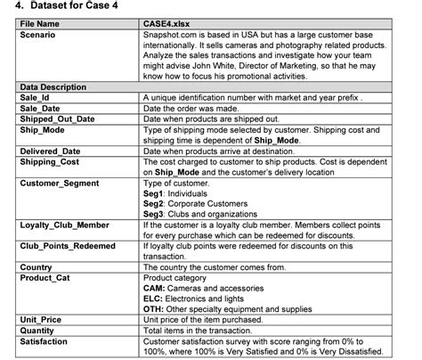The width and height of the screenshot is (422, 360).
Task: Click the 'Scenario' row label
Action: tap(38, 34)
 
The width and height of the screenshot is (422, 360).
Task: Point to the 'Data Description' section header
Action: tap(53, 87)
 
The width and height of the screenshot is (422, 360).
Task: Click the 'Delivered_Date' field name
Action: tap(50, 151)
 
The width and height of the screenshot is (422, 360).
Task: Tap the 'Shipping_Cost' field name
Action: tap(48, 161)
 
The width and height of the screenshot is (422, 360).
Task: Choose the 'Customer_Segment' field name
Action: tap(58, 182)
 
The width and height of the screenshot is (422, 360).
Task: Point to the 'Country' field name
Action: tap(36, 266)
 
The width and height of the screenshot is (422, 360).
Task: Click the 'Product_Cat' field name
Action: tap(45, 277)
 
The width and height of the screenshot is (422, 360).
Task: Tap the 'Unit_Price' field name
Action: tap(41, 318)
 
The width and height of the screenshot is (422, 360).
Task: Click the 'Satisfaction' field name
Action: tap(44, 340)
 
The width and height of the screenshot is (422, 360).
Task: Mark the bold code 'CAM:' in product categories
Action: tap(154, 287)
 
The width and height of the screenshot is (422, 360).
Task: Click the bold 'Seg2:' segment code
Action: tap(155, 202)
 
